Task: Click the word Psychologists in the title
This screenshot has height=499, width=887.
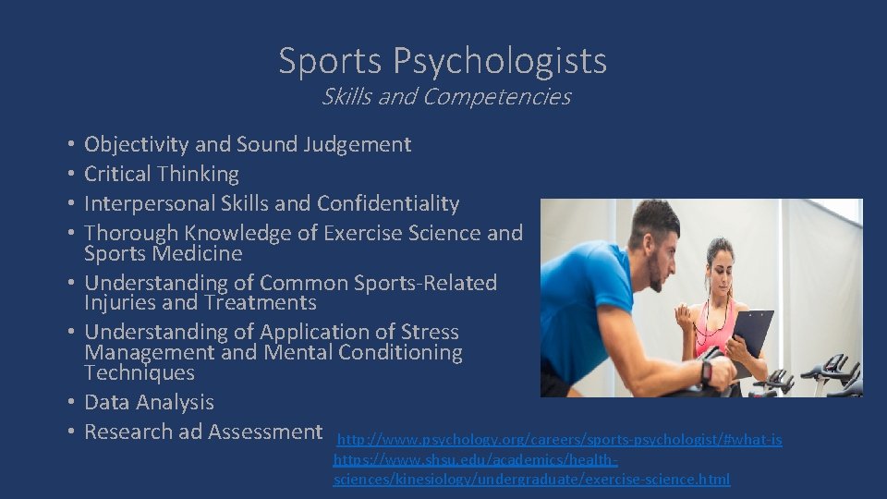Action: coord(500,62)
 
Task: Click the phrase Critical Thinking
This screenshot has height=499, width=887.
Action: coord(162,174)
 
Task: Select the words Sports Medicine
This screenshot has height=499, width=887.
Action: coord(163,253)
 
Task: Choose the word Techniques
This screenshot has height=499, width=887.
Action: coord(140,372)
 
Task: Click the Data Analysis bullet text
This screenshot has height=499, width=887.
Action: coord(149,402)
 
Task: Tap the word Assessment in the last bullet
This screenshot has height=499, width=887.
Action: coord(265,432)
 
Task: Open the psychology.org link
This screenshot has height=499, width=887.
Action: coord(560,439)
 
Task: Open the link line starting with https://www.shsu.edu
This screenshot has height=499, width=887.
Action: coord(476,459)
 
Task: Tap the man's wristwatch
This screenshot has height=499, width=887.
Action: coord(706,371)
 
